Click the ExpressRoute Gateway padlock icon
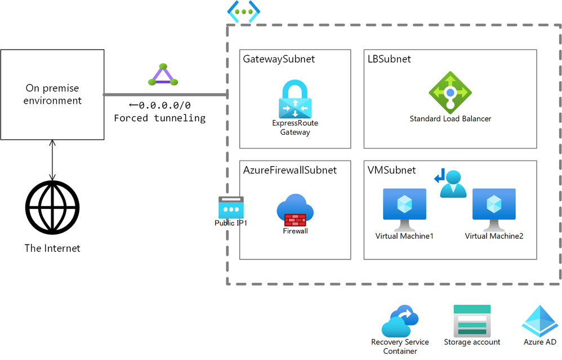[x=295, y=99]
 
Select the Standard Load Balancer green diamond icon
[x=450, y=92]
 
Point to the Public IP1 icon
[x=231, y=207]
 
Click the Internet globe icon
[x=52, y=207]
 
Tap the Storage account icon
[x=472, y=321]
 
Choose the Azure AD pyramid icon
[x=539, y=321]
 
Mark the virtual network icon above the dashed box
[x=243, y=12]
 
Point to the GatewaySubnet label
[x=279, y=59]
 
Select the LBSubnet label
[x=389, y=59]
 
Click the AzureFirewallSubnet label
[x=289, y=170]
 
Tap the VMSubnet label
[x=391, y=170]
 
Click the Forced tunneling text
[x=159, y=118]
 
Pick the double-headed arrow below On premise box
[x=52, y=161]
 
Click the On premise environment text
[x=53, y=95]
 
